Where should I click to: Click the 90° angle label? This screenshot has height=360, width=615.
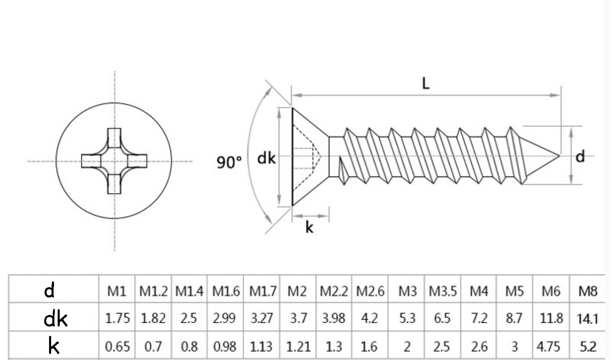click(229, 162)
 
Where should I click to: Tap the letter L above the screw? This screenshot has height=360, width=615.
click(426, 83)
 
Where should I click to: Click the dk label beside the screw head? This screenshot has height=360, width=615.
click(266, 158)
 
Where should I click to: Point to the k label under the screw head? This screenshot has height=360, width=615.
click(309, 227)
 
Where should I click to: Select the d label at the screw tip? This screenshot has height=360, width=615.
click(580, 156)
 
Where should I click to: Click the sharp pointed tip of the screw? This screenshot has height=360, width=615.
click(559, 155)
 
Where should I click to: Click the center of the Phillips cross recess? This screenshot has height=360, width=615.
click(114, 161)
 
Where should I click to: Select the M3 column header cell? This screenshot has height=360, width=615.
click(407, 291)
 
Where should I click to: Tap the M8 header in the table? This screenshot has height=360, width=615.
click(588, 291)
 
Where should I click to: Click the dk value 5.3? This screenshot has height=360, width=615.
click(407, 318)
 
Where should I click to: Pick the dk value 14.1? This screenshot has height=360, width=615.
click(588, 318)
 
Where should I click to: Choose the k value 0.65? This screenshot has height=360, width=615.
click(117, 346)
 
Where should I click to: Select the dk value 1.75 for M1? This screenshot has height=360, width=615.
click(117, 318)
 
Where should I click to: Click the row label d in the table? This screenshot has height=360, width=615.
click(49, 290)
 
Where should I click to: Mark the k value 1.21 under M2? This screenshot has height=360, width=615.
click(298, 346)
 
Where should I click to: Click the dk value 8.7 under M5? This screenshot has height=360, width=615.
click(514, 318)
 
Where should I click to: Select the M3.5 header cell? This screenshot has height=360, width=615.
click(442, 291)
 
